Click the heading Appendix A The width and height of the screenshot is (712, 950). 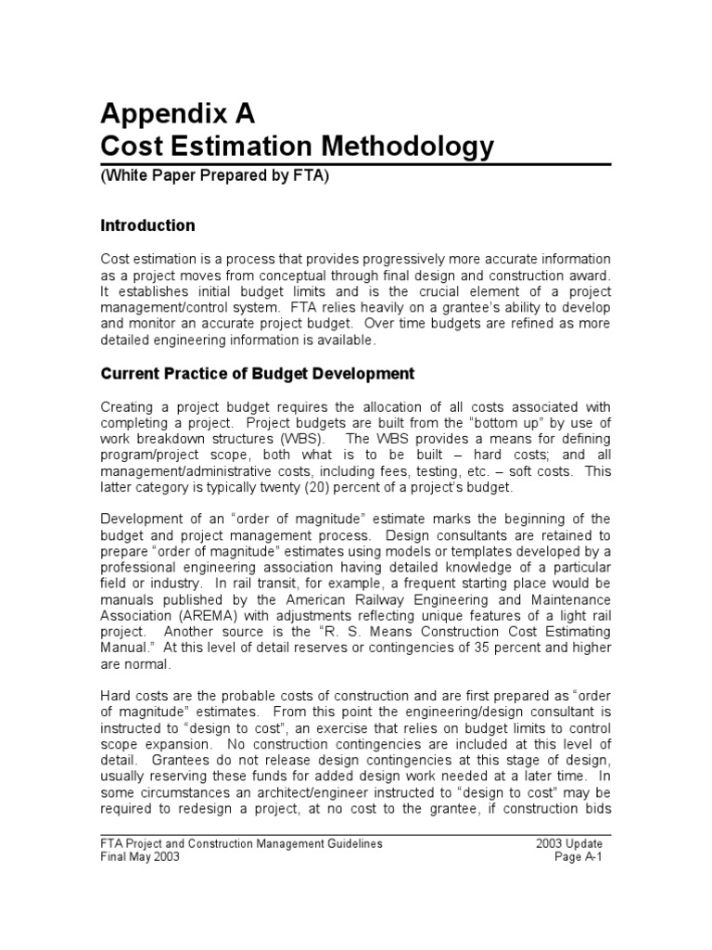[x=176, y=114]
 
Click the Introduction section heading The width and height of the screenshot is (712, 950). [x=147, y=225]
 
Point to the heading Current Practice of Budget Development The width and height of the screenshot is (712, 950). [x=257, y=373]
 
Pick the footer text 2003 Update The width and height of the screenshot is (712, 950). [x=568, y=843]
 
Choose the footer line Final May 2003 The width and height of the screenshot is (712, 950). [x=140, y=857]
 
